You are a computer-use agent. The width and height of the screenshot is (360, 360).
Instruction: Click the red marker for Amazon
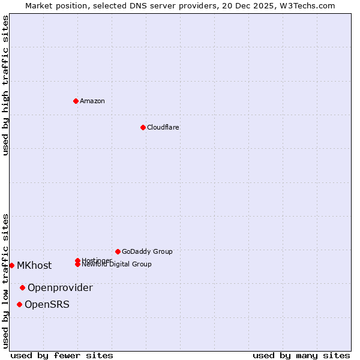(76, 101)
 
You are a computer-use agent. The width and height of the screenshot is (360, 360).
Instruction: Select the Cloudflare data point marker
(143, 127)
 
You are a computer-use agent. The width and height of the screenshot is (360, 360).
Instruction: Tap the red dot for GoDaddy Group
(118, 251)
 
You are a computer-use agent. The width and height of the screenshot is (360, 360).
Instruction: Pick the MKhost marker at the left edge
(12, 265)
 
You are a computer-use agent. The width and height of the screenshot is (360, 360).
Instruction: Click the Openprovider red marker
(22, 287)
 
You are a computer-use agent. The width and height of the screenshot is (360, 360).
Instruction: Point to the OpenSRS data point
(19, 304)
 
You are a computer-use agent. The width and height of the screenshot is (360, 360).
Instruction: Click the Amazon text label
(92, 101)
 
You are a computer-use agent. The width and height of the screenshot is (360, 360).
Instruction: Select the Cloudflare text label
(163, 127)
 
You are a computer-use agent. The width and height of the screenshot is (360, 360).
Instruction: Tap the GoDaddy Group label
(147, 251)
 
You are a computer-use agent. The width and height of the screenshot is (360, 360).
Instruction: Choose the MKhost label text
(34, 265)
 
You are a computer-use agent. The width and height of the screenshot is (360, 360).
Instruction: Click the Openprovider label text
(60, 287)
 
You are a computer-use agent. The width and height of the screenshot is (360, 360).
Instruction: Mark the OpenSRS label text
(47, 304)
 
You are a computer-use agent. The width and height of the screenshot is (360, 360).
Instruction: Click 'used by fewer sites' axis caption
(62, 355)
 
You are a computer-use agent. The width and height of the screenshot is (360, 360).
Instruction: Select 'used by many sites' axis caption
(301, 355)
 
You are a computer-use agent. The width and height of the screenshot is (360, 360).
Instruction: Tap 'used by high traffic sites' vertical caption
(5, 85)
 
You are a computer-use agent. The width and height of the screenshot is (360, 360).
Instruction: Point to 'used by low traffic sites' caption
(5, 281)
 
